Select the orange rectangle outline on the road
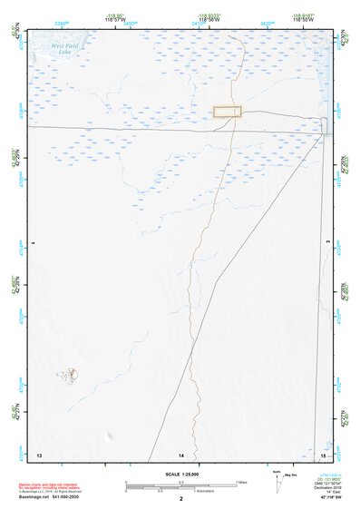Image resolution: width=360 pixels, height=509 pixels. pyautogui.click(x=228, y=112)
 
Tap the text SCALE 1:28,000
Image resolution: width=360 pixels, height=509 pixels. pyautogui.click(x=180, y=475)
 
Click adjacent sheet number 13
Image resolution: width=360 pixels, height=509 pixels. pyautogui.click(x=38, y=453)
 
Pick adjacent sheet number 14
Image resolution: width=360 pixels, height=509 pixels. pyautogui.click(x=181, y=454)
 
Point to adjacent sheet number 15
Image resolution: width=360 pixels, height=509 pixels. pyautogui.click(x=323, y=453)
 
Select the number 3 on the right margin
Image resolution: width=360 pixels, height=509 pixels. pyautogui.click(x=328, y=244)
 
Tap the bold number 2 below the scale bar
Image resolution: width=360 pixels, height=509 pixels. pyautogui.click(x=181, y=499)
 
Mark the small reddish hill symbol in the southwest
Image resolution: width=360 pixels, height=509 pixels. pyautogui.click(x=70, y=373)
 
